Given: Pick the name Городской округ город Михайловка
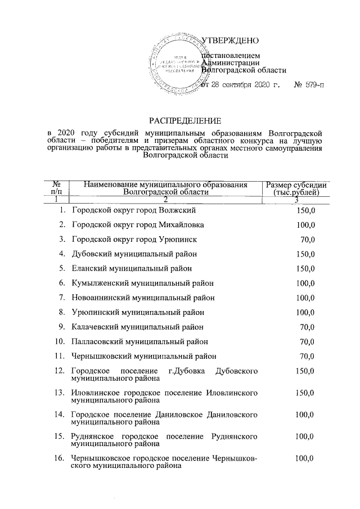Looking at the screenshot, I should (138, 225).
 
